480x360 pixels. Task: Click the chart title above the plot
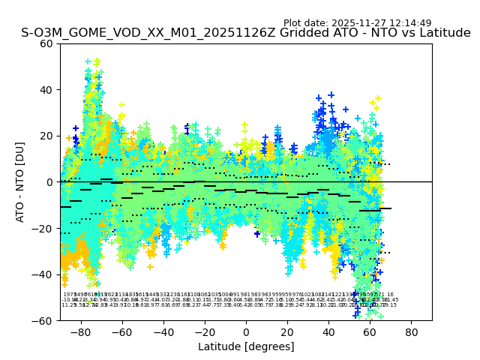(246, 33)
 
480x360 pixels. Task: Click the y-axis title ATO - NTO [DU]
(21, 181)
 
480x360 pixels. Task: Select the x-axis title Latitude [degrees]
(246, 346)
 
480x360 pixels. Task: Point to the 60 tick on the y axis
(46, 43)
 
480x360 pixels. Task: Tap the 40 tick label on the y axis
(46, 90)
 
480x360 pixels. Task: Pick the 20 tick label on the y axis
(46, 136)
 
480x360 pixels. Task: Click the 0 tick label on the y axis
(49, 182)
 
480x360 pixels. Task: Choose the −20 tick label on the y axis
(43, 228)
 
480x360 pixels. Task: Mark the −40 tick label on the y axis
(43, 274)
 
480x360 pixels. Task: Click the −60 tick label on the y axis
(43, 320)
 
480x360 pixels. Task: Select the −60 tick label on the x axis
(119, 331)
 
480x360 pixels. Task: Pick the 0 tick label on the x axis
(246, 331)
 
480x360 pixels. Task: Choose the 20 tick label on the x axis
(287, 331)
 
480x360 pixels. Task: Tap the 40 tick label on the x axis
(329, 331)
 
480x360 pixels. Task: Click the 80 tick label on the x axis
(412, 331)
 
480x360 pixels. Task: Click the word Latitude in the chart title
(445, 33)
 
